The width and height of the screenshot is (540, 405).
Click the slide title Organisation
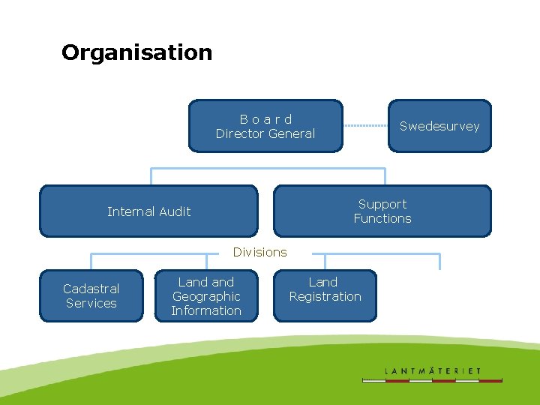point(136,52)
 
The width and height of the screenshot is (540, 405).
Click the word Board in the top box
point(265,119)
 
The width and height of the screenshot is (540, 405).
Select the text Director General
point(265,133)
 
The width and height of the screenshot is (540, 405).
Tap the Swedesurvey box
point(439,126)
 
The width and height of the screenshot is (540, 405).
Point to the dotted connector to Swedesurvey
point(365,126)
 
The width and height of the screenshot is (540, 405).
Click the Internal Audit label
point(148,211)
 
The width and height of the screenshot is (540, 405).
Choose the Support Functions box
point(382,211)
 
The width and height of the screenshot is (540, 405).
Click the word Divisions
point(259,252)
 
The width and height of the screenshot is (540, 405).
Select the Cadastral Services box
point(91,295)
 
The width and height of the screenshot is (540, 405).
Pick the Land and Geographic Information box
point(206,296)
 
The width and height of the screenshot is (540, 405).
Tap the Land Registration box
point(325,295)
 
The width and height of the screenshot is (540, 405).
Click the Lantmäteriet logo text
point(433,371)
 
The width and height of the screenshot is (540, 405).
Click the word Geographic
point(206,296)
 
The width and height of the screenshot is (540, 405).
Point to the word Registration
point(325,296)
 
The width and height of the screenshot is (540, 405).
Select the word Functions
point(382,218)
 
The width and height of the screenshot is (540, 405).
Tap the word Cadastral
point(91,289)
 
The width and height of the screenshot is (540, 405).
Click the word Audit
point(173,211)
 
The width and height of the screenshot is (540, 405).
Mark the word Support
point(382,204)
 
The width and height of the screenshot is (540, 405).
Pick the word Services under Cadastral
point(91,303)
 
